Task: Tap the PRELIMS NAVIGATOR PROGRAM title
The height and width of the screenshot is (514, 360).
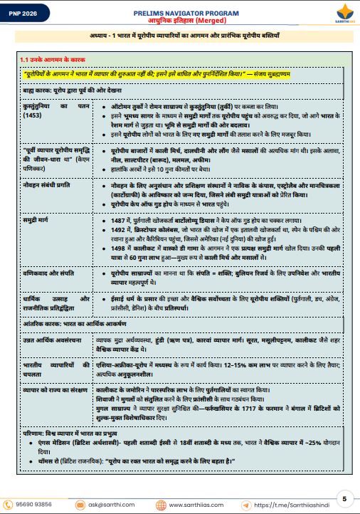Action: coord(180,13)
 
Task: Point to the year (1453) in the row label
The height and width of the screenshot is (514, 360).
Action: coord(31,115)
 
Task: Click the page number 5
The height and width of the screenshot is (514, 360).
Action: coord(344,498)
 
